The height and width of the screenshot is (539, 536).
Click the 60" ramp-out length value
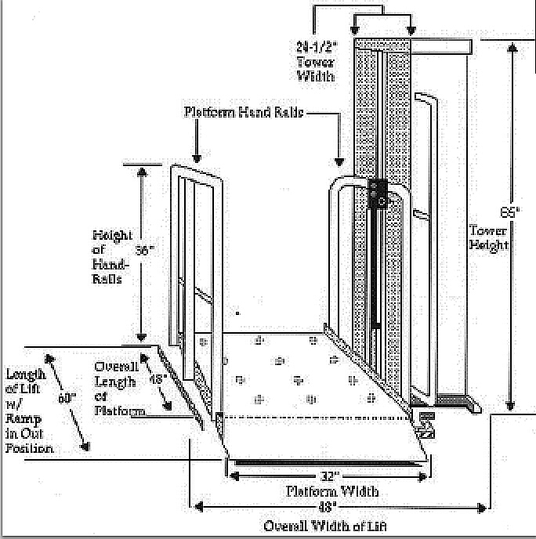point(67,397)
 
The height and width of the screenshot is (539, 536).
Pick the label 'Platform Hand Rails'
point(243,112)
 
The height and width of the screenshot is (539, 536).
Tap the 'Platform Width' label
point(332,491)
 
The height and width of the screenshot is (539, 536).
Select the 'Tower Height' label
point(489,237)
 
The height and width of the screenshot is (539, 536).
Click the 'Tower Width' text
point(315,68)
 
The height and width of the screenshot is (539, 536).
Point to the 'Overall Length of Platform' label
point(117,389)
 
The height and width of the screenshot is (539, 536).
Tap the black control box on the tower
point(378,194)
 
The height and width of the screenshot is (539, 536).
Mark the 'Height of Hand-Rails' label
point(112,256)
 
